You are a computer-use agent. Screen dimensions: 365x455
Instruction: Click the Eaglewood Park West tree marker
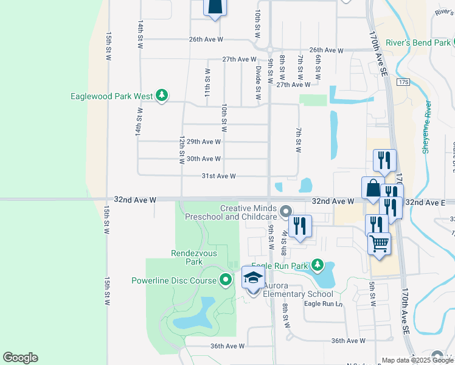point(162,96)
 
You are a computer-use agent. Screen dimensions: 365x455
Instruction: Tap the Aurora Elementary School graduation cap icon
point(253,279)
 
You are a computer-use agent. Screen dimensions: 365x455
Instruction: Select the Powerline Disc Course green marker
point(226,280)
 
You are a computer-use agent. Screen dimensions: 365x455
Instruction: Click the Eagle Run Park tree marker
point(317,265)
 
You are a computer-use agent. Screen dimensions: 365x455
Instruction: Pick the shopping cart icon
point(379,243)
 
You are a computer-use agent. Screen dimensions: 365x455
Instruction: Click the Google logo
point(20,358)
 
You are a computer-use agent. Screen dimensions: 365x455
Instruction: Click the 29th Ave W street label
point(204,141)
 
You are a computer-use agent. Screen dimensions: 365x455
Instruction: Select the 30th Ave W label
point(204,159)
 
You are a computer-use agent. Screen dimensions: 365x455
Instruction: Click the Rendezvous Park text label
point(186,257)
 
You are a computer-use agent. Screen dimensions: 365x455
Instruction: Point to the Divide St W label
point(259,83)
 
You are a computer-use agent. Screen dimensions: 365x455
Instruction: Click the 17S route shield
point(403,82)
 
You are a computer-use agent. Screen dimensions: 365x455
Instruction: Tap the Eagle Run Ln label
point(323,304)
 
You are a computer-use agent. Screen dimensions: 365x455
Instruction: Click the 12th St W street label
point(181,150)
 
